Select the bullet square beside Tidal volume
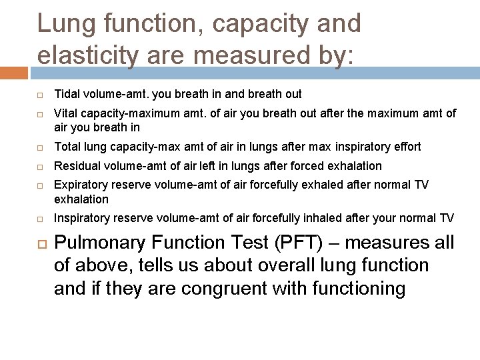[x=40, y=94]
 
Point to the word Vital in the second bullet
[x=65, y=113]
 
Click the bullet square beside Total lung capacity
[x=40, y=147]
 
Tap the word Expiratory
[x=79, y=185]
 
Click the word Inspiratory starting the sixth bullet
[x=80, y=217]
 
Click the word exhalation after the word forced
[x=356, y=165]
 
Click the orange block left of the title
[x=15, y=69]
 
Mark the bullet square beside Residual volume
[x=40, y=166]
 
